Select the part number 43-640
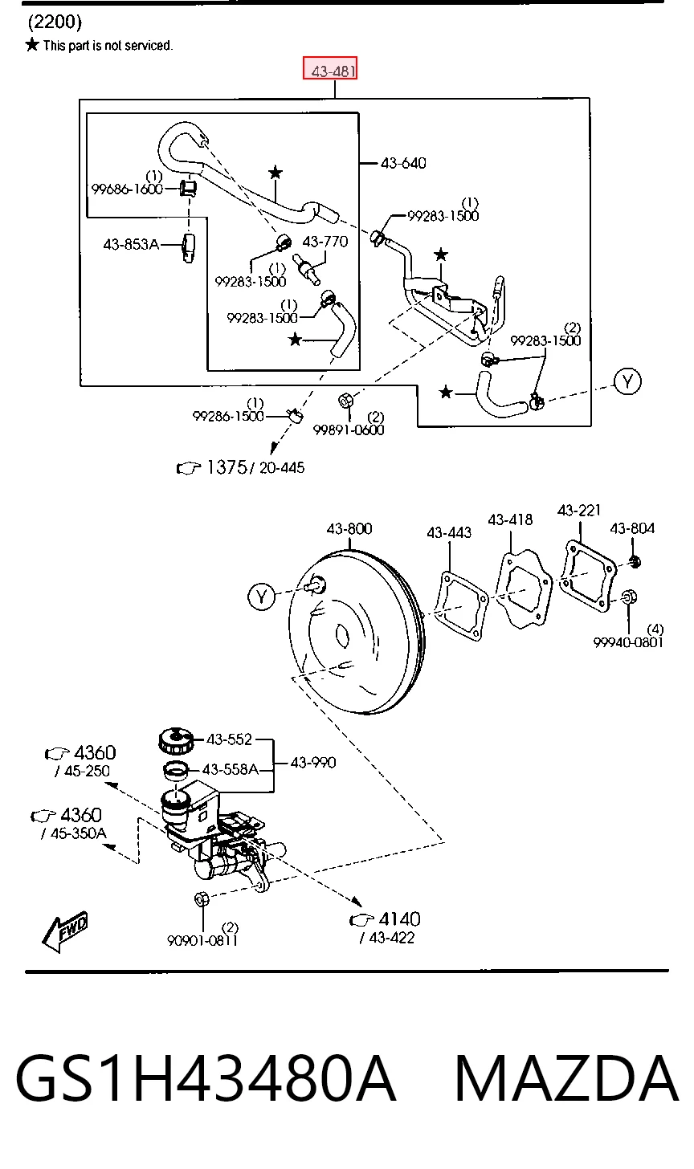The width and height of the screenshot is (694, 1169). pyautogui.click(x=403, y=163)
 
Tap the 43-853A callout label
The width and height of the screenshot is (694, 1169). pyautogui.click(x=131, y=244)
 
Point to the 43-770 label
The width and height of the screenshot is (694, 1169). pyautogui.click(x=325, y=242)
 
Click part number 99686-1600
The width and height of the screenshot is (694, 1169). pyautogui.click(x=127, y=189)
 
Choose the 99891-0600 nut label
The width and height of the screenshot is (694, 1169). pyautogui.click(x=349, y=430)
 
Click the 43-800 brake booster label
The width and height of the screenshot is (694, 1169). pyautogui.click(x=349, y=528)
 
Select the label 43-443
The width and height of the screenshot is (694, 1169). pyautogui.click(x=449, y=533)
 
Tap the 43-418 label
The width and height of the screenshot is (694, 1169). pyautogui.click(x=510, y=519)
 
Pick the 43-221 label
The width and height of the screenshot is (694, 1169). pyautogui.click(x=579, y=510)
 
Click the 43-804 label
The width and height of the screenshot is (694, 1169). pyautogui.click(x=632, y=528)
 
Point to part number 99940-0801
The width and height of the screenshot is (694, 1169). pyautogui.click(x=628, y=642)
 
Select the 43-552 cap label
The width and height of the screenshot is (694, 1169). pyautogui.click(x=229, y=739)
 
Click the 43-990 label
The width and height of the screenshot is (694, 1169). pyautogui.click(x=313, y=763)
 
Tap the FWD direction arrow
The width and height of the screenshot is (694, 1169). pyautogui.click(x=64, y=931)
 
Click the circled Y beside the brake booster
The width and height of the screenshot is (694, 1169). pyautogui.click(x=261, y=597)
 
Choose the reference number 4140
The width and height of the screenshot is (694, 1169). pyautogui.click(x=399, y=919)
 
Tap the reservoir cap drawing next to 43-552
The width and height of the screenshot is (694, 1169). pyautogui.click(x=176, y=741)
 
